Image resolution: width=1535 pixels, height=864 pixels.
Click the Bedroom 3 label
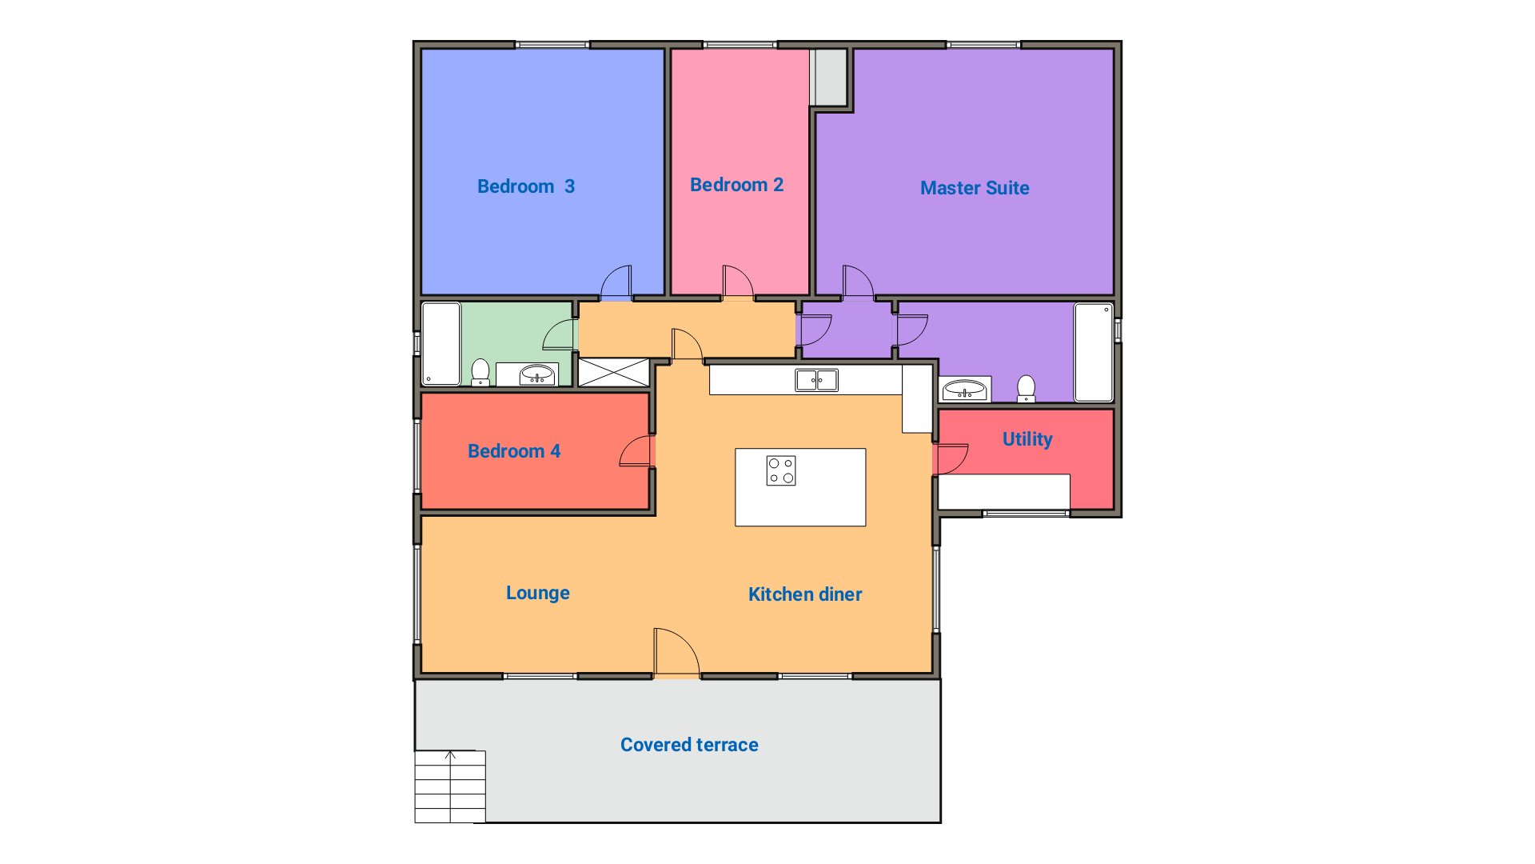pos(526,186)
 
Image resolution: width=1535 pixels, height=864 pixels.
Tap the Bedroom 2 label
pos(736,185)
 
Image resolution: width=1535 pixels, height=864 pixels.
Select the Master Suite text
pos(975,188)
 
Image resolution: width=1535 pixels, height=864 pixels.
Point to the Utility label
pos(1027,439)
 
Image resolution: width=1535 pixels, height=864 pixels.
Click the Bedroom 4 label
pos(514,451)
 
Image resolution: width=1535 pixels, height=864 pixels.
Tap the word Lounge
pos(538,593)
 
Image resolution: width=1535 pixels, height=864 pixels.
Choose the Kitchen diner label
pos(805,594)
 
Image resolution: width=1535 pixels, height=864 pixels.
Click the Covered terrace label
pos(689,745)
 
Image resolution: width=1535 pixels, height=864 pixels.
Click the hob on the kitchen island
pos(781,470)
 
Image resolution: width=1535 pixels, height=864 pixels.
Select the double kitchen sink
pos(816,380)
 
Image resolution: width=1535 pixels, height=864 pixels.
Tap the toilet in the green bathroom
pos(480,373)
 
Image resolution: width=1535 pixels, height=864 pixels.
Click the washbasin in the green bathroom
pos(537,374)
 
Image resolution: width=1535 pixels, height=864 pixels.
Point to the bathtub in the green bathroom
pos(441,343)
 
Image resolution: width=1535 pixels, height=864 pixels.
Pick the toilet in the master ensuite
pos(1026,389)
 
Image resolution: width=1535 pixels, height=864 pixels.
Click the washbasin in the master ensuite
pos(964,390)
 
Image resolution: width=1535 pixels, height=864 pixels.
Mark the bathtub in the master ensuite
pos(1094,352)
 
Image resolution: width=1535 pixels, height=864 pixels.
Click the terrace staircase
pos(450,786)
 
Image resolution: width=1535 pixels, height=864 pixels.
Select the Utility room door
pos(951,459)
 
